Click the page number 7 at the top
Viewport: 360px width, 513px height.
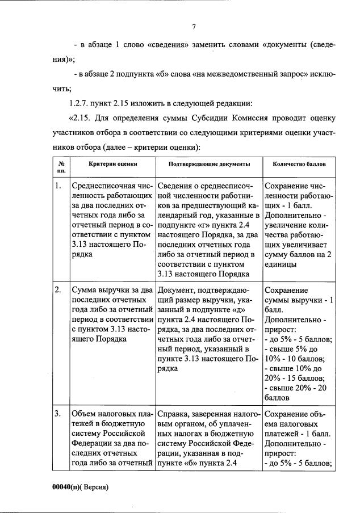tap(194, 26)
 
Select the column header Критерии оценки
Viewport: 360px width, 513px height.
tap(113, 163)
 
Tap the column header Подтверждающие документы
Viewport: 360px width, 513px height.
tap(209, 163)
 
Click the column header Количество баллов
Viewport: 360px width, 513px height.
tap(299, 163)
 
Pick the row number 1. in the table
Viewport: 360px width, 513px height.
tap(58, 186)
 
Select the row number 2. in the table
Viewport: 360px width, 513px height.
tap(58, 290)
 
